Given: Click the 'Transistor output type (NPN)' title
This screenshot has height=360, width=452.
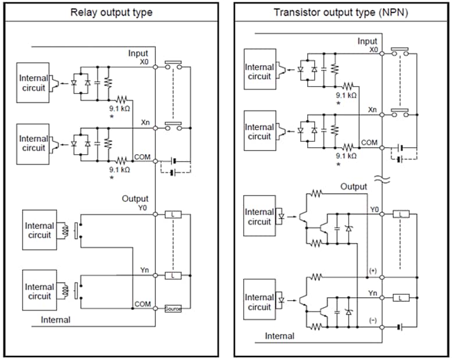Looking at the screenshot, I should (x=341, y=12).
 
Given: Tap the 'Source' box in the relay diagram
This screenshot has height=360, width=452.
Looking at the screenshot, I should (x=173, y=309).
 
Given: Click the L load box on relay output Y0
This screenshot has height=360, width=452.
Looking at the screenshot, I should (x=173, y=215).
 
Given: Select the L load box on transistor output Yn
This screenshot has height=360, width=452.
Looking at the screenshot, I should (x=401, y=298).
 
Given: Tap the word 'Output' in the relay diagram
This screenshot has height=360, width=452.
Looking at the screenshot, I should (x=135, y=198).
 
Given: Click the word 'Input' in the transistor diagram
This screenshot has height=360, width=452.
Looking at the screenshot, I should (x=367, y=41).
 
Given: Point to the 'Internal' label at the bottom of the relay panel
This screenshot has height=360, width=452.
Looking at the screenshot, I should (x=55, y=319).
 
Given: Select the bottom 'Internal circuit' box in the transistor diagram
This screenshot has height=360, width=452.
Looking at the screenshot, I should (x=259, y=302).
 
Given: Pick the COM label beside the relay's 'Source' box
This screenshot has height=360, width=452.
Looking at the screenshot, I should (x=143, y=304).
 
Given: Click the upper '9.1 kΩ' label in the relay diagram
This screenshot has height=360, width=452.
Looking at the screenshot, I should (x=120, y=109).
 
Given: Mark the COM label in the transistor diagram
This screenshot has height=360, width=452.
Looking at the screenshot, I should (x=369, y=142).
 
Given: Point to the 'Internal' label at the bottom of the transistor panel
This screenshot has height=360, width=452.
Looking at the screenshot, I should (x=280, y=336).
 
